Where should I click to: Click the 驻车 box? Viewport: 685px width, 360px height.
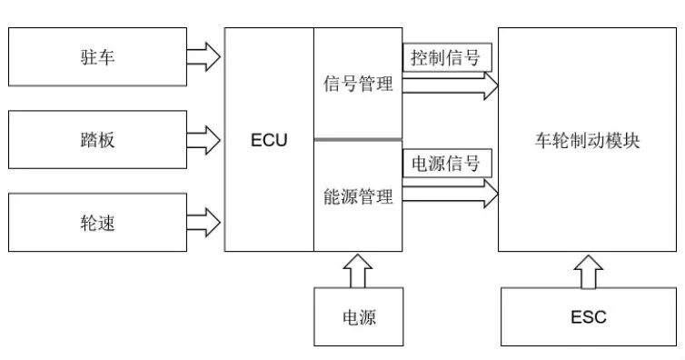97,58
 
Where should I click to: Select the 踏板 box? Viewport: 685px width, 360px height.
97,140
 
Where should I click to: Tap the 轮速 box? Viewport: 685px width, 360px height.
97,221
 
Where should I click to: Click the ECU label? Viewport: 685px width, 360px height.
269,140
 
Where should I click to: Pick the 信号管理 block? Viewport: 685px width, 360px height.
358,85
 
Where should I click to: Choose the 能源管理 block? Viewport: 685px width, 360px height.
358,196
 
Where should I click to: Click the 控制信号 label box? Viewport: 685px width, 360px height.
446,59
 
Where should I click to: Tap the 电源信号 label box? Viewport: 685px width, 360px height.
446,164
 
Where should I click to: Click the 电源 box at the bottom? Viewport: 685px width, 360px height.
358,317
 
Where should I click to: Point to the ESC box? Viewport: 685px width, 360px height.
588,317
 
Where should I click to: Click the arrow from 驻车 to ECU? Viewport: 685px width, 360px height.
204,58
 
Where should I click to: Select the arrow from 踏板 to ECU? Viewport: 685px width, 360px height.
204,140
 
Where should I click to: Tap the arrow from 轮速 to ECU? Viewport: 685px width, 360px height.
204,221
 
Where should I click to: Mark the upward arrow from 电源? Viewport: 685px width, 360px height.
358,269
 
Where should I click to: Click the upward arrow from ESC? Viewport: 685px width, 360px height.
588,270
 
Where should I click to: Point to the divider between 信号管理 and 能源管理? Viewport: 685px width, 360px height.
358,139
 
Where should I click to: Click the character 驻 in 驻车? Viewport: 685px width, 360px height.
88,58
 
